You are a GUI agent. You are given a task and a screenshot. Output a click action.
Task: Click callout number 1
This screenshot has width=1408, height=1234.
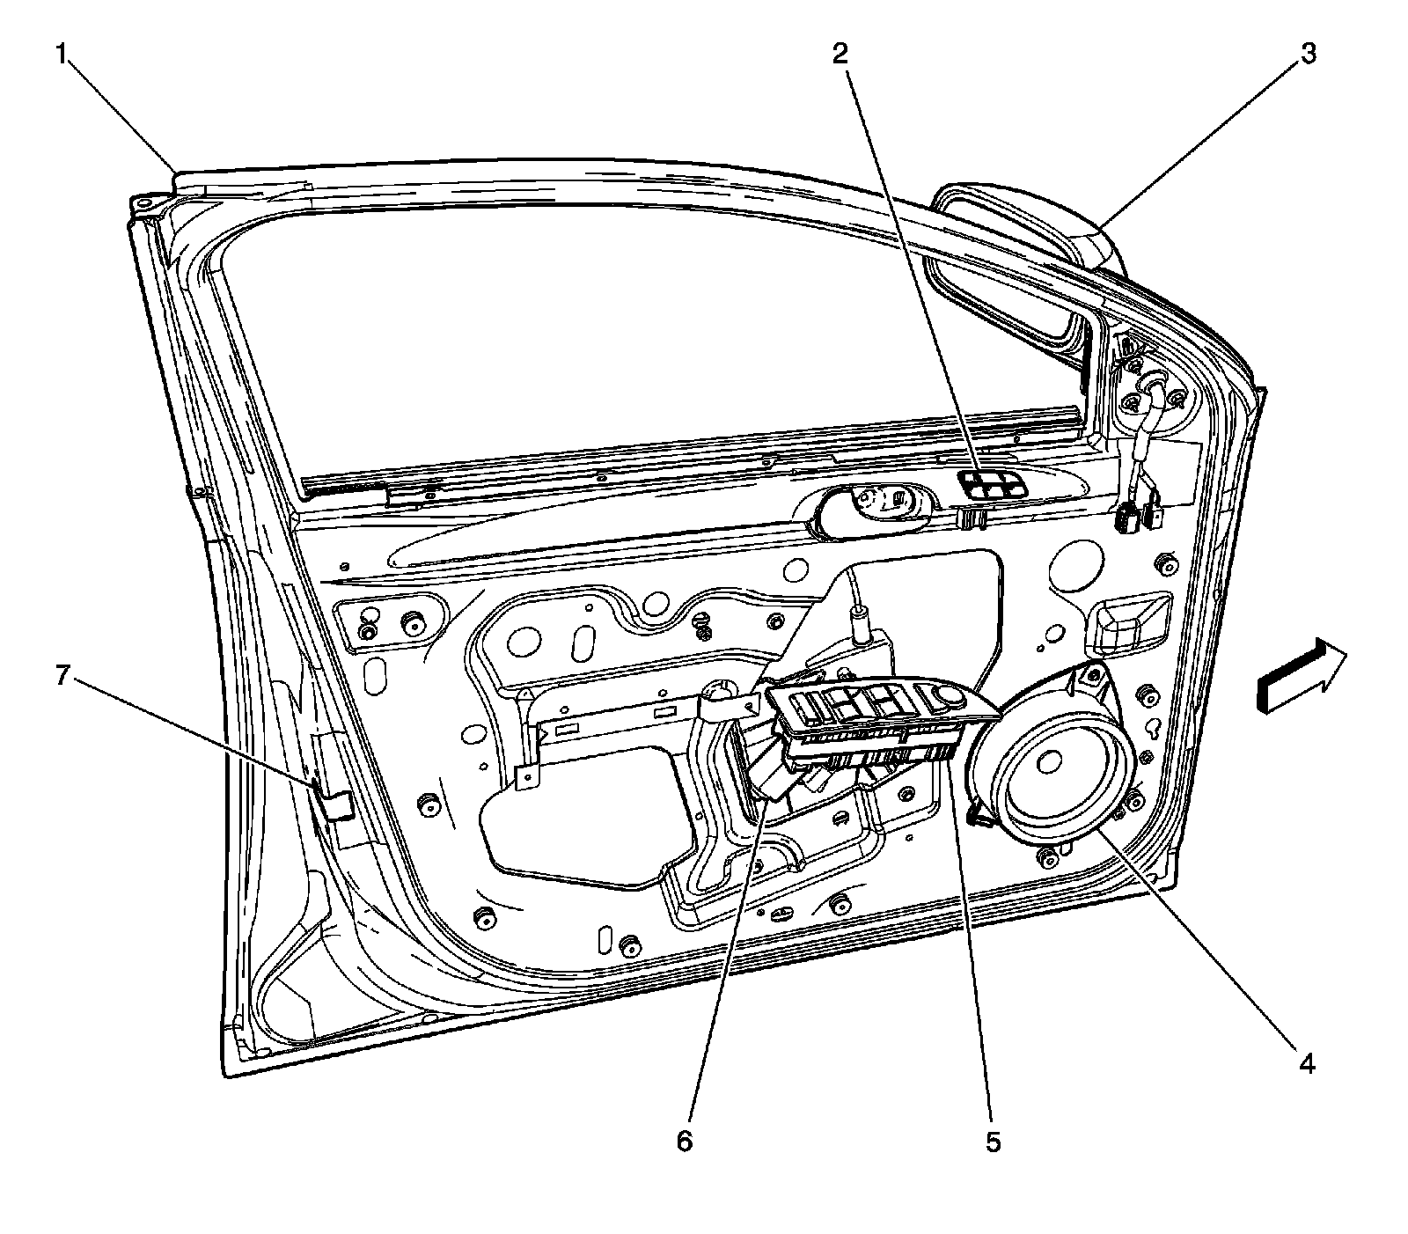(x=61, y=55)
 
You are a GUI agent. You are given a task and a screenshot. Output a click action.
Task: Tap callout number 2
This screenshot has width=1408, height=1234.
(x=841, y=55)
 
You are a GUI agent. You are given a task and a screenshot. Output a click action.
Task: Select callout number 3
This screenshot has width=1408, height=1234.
(x=1309, y=55)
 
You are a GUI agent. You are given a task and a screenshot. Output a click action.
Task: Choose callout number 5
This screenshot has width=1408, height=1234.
(x=994, y=1142)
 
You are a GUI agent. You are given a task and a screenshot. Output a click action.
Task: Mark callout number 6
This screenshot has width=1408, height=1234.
(x=685, y=1142)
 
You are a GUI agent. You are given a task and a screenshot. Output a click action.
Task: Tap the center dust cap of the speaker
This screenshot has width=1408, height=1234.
(x=1050, y=762)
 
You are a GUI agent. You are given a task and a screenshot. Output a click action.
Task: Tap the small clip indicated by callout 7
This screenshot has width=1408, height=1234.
(x=334, y=803)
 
